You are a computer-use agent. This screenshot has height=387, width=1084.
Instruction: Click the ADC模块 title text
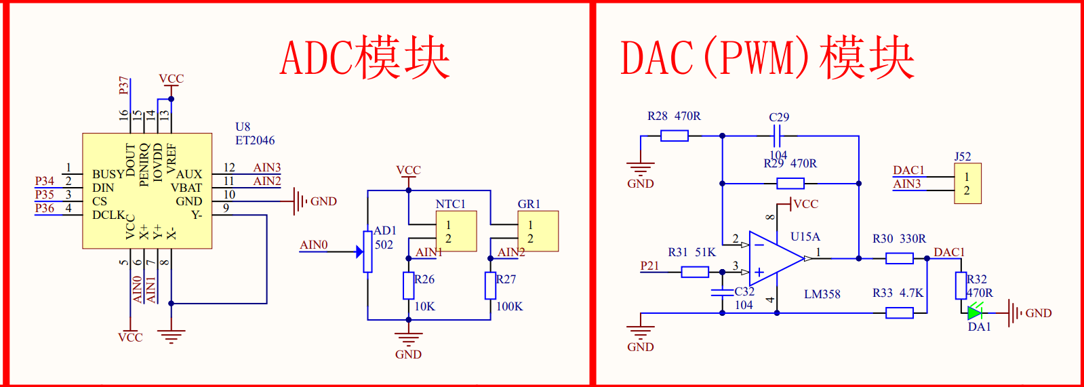[x=365, y=58]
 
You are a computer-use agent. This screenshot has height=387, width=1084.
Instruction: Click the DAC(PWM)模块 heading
[x=767, y=58]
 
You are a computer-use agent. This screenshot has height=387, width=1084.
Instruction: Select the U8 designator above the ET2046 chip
[x=243, y=127]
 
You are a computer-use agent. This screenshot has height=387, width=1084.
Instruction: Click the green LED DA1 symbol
[x=975, y=312]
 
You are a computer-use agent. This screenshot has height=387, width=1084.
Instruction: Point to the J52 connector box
[x=967, y=184]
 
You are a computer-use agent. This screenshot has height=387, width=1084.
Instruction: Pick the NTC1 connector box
[x=456, y=231]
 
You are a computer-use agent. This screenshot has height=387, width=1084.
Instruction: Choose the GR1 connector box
[x=538, y=231]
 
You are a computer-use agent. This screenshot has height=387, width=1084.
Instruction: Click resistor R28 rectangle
[x=674, y=136]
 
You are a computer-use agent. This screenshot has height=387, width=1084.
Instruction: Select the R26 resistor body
[x=408, y=285]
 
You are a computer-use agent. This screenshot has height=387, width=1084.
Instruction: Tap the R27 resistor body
[x=490, y=285]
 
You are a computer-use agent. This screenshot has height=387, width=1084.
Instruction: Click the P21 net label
[x=649, y=266]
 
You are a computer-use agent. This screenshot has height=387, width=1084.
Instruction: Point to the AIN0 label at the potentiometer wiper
[x=314, y=245]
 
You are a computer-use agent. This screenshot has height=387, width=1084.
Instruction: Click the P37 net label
[x=123, y=85]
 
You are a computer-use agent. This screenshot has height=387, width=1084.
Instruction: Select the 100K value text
[x=509, y=306]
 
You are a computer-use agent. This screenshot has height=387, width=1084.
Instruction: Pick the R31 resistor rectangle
[x=695, y=272]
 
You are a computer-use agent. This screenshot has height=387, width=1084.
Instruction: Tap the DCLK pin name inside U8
[x=108, y=215]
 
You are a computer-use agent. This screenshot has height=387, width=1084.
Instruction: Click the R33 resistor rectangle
[x=899, y=312]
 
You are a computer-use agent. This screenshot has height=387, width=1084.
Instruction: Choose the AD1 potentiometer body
[x=367, y=251]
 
